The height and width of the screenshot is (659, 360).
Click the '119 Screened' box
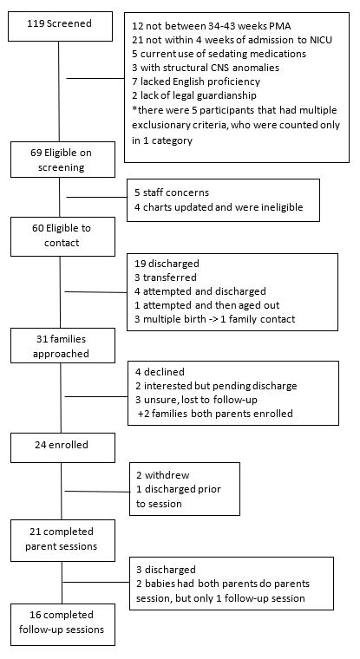(60, 26)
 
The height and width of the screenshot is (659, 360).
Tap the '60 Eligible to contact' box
(62, 236)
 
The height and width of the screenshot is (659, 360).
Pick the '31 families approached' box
(62, 345)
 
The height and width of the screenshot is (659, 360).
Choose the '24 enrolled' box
(62, 447)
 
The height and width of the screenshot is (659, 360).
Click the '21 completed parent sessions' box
(62, 540)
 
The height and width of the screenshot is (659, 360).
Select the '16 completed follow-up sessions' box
(62, 624)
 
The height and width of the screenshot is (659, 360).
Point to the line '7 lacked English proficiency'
(196, 82)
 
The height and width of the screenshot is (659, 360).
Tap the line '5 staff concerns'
(172, 192)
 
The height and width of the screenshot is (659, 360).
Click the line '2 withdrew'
(163, 475)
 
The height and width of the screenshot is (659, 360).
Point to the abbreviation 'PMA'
(278, 26)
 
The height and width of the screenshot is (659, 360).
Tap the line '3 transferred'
(166, 277)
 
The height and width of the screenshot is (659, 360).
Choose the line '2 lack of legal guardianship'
(194, 95)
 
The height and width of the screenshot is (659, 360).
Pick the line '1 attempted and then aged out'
(207, 305)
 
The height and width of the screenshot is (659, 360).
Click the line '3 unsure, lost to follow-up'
(196, 400)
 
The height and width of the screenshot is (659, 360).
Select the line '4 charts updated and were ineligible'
(219, 206)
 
